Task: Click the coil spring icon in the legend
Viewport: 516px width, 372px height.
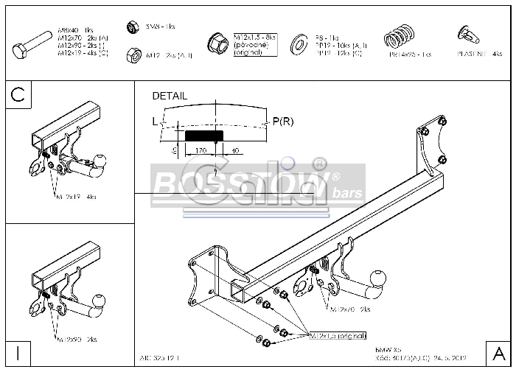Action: (x=400, y=36)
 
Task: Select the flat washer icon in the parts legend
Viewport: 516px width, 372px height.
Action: (x=300, y=44)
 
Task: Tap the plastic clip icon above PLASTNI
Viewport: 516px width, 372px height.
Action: (x=467, y=33)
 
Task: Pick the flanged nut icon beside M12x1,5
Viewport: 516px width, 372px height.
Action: (x=217, y=43)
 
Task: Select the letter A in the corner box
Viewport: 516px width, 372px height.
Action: (x=498, y=353)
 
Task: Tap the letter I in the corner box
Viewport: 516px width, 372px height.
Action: (x=18, y=353)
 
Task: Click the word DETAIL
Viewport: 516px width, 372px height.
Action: (x=170, y=96)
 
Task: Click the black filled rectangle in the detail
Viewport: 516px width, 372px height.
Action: (x=204, y=136)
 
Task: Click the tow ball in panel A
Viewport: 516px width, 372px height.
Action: (x=377, y=278)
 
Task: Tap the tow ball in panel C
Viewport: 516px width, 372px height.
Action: (x=99, y=161)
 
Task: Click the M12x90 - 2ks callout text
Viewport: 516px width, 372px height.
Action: (x=76, y=340)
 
